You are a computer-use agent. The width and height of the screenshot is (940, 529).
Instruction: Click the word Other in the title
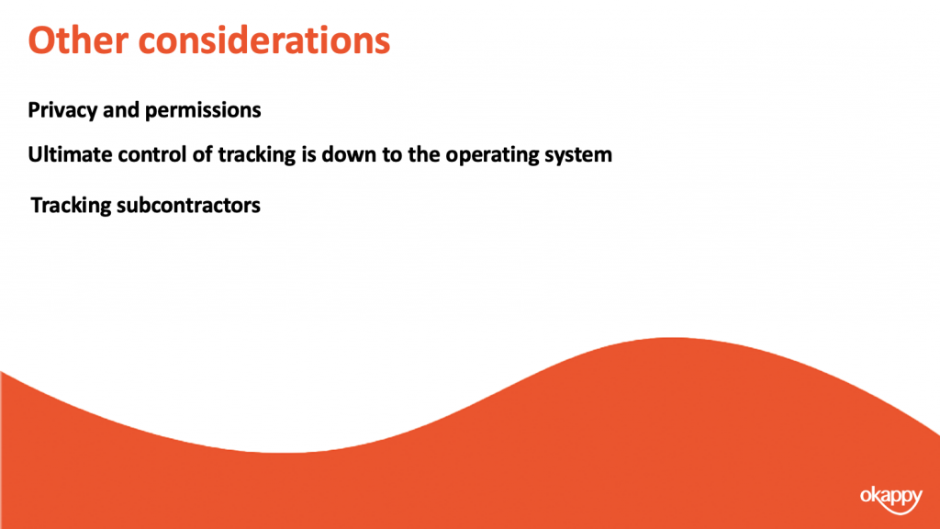78,40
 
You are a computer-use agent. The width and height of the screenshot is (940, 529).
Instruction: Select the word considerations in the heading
264,40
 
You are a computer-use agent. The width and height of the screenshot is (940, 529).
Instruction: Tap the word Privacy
62,110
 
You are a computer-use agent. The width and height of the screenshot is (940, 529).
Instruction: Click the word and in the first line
121,110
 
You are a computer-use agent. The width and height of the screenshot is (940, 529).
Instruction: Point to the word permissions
203,111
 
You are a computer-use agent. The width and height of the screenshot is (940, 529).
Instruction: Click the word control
152,154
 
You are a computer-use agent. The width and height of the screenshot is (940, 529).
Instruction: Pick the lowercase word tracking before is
257,155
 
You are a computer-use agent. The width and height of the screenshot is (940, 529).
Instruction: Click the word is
308,154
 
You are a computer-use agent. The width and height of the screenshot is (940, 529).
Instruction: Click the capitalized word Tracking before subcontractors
71,206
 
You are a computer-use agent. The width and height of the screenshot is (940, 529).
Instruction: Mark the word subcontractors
189,205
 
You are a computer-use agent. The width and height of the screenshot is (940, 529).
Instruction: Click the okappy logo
891,499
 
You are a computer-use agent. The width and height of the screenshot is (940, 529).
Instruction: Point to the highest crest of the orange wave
671,338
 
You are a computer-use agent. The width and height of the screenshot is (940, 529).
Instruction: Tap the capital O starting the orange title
40,40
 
